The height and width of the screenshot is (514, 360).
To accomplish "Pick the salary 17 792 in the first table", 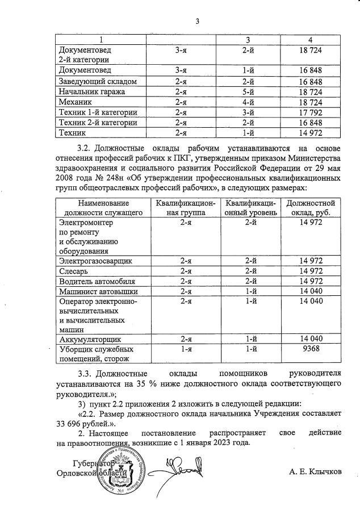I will pos(310,112).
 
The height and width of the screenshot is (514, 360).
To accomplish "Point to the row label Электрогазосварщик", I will pos(95,261).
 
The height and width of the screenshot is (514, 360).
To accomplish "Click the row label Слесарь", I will pos(74,271).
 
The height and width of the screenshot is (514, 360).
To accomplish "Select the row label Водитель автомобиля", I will pos(97,281).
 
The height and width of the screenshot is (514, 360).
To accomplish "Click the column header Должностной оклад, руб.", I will pos(310,207).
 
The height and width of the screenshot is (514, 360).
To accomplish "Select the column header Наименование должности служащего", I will pos(104,207).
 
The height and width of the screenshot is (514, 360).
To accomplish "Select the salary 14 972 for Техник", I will pos(310,133).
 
